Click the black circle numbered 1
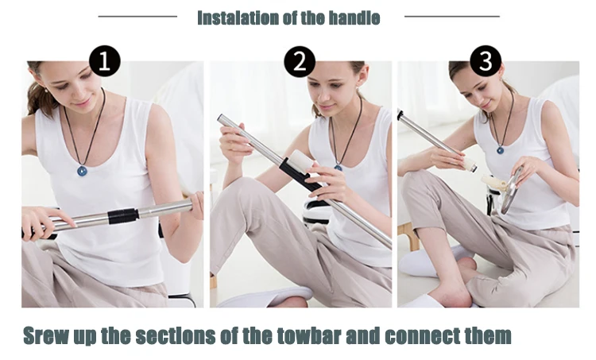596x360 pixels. click(105, 61)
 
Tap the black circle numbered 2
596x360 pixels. click(300, 61)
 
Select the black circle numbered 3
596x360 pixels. click(486, 61)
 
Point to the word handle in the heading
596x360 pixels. click(354, 17)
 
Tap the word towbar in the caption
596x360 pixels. click(308, 335)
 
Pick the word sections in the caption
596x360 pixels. click(176, 335)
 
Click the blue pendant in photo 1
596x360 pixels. click(81, 171)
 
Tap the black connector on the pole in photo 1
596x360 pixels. click(123, 216)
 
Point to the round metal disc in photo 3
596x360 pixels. click(513, 190)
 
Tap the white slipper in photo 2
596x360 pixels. click(266, 297)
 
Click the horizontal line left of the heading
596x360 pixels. click(137, 17)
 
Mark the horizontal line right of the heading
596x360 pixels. click(452, 17)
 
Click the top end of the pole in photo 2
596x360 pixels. click(220, 118)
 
